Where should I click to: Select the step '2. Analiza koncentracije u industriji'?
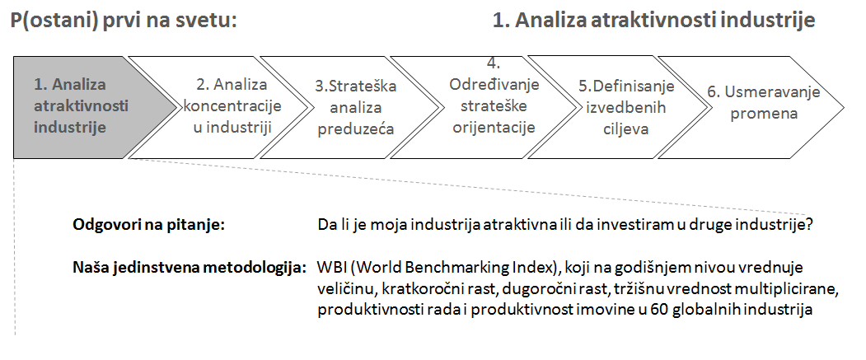221,107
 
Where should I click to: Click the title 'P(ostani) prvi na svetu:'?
124,21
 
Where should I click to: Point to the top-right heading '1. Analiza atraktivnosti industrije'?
654,21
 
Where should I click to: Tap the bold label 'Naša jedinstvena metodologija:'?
190,268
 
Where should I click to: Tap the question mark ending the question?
809,225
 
